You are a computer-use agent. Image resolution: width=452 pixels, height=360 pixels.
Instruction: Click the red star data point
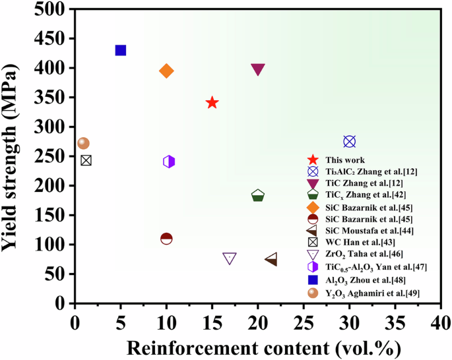[x=212, y=102]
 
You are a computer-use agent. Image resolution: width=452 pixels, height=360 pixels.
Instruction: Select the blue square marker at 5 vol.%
[x=121, y=50]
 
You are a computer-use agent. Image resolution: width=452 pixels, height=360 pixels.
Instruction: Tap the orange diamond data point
[x=166, y=71]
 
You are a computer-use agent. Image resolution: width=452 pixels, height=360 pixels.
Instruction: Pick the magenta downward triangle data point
[x=258, y=70]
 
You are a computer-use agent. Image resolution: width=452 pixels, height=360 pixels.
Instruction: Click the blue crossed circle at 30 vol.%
[x=350, y=141]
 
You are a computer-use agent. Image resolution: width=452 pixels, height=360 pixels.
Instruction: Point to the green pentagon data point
[x=258, y=196]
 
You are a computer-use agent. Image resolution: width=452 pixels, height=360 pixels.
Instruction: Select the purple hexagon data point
[x=169, y=162]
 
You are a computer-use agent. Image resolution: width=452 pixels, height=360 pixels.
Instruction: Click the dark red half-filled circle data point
[x=166, y=238]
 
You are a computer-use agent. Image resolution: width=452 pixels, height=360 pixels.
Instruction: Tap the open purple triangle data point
[x=230, y=258]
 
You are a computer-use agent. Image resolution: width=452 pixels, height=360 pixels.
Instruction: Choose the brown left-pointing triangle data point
[x=271, y=260]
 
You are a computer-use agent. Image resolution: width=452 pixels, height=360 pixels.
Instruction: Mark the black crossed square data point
[x=86, y=160]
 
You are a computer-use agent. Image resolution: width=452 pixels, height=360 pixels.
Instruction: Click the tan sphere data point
[x=83, y=143]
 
